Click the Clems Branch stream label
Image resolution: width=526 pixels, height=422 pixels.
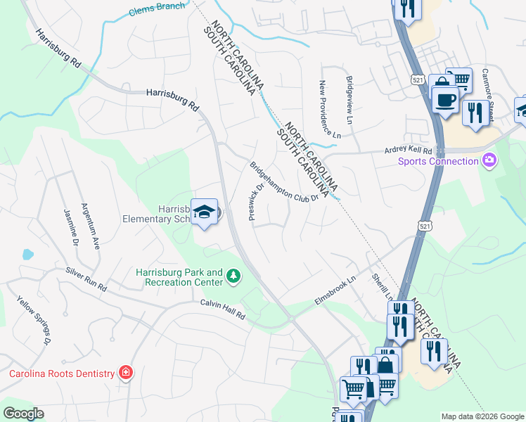pyautogui.click(x=158, y=9)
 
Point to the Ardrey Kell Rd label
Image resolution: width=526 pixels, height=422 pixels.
pyautogui.click(x=409, y=150)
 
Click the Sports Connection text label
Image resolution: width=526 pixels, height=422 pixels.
pyautogui.click(x=437, y=162)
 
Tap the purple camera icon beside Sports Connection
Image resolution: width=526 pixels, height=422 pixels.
pyautogui.click(x=489, y=162)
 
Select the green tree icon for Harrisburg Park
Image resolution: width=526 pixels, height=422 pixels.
pyautogui.click(x=233, y=278)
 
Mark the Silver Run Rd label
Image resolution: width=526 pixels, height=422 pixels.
pyautogui.click(x=86, y=279)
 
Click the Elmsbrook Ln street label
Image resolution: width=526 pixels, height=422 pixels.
pyautogui.click(x=336, y=290)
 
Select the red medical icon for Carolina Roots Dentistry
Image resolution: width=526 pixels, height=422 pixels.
pyautogui.click(x=126, y=373)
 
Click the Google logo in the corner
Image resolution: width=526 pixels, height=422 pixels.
pyautogui.click(x=23, y=414)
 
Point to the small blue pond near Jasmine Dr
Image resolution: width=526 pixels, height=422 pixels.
pyautogui.click(x=27, y=254)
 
